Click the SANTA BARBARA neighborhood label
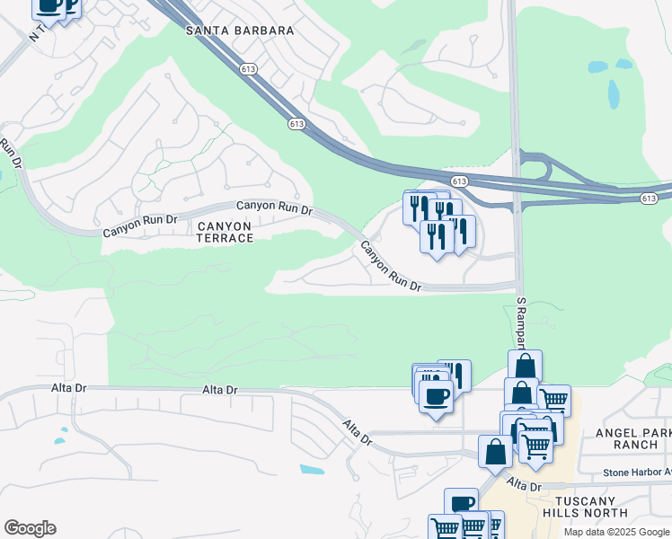click(x=240, y=31)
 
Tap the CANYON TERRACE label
click(x=225, y=231)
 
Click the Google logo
click(x=30, y=528)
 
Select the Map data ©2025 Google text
click(x=615, y=532)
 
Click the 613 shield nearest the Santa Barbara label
click(x=249, y=68)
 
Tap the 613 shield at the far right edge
click(x=649, y=198)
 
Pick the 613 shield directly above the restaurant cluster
click(x=459, y=181)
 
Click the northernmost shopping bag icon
click(x=525, y=366)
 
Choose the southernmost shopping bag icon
click(x=495, y=451)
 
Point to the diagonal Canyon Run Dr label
click(x=391, y=267)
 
